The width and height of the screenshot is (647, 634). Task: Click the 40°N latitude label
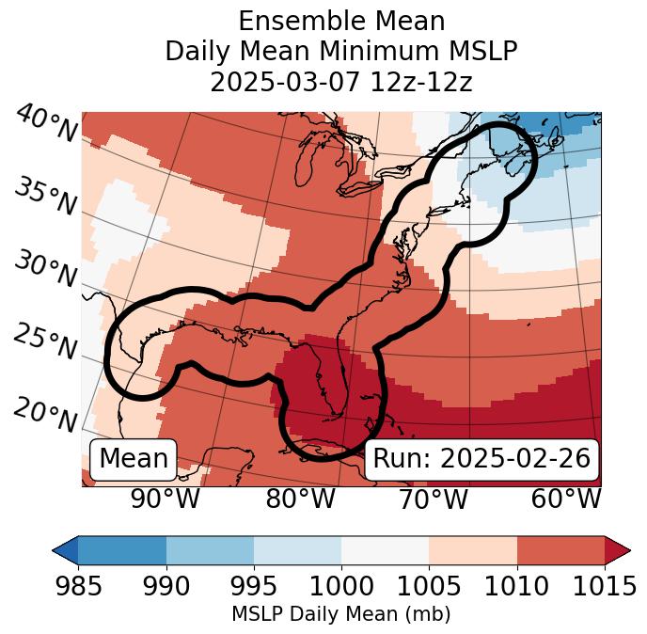pos(45,124)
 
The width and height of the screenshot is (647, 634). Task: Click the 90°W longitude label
pos(165,499)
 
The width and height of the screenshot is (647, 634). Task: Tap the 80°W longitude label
pos(301,499)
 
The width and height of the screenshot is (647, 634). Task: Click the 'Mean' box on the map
pos(134,459)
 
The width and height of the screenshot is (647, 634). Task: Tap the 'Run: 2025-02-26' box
pos(481,459)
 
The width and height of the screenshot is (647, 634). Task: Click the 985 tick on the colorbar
pos(78,586)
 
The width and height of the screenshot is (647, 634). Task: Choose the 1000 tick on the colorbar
pos(341,586)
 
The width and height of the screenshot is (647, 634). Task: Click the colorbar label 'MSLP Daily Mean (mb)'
pos(340,615)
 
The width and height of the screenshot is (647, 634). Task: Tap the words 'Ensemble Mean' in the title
pos(340,21)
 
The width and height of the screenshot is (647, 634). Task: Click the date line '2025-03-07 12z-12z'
pos(340,83)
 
